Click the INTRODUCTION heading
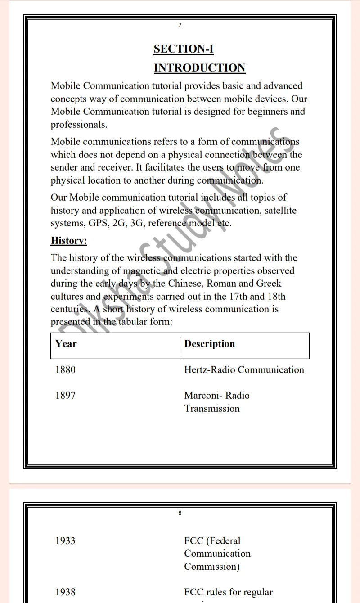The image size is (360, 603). point(199,68)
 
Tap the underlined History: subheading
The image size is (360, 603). point(69,241)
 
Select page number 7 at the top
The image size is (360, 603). point(180,25)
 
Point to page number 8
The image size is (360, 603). point(180,513)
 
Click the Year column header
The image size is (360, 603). point(66,344)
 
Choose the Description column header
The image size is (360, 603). point(210,344)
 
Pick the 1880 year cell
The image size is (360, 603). point(65,370)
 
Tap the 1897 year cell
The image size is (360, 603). point(65,396)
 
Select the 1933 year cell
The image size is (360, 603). point(65,541)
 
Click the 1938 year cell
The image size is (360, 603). point(65,592)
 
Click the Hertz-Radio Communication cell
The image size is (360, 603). point(244,370)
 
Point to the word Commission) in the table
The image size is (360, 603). point(212,567)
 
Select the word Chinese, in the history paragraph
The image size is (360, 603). point(186,284)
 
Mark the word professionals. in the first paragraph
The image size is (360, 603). point(79,125)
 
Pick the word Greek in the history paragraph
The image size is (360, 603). point(269,284)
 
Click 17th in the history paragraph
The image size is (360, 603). point(238,297)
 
